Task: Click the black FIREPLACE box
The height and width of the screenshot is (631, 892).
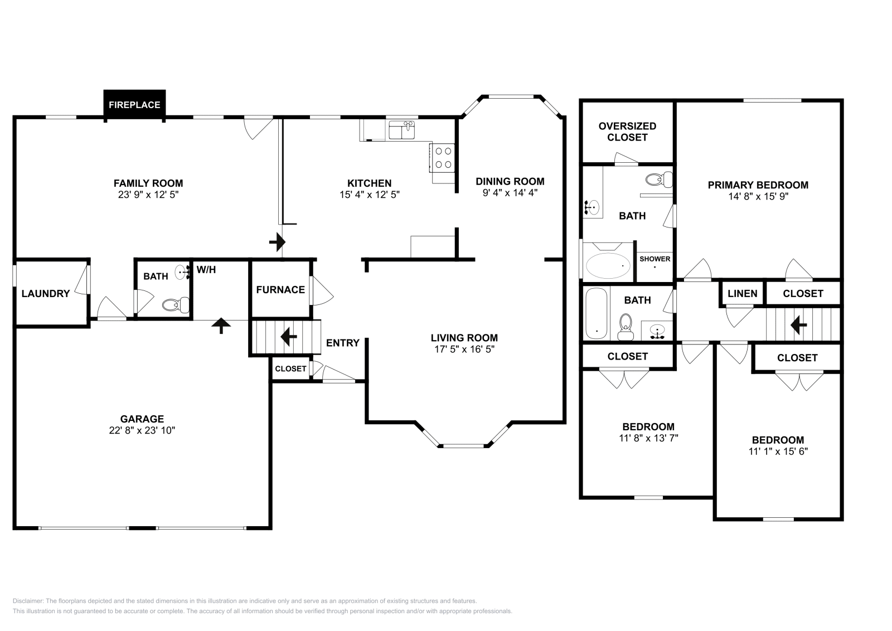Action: (134, 105)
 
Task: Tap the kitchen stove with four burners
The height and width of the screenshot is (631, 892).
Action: (442, 157)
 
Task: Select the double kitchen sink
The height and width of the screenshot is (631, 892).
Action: (402, 131)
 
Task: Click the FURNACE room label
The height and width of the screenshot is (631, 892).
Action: (280, 289)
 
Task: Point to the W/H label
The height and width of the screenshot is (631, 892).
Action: (206, 270)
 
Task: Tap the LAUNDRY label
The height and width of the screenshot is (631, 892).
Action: (46, 293)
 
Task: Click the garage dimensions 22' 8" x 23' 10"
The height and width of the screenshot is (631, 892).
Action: (142, 430)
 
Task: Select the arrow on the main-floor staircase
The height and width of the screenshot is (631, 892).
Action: (288, 336)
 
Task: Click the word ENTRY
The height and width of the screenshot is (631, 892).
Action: (342, 343)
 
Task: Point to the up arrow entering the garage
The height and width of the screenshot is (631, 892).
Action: (221, 325)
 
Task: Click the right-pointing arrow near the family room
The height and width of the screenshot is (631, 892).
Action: (277, 242)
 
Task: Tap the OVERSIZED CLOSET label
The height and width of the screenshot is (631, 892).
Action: (627, 132)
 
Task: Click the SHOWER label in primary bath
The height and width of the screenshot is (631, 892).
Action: (655, 259)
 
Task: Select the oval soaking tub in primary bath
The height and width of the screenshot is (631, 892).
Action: (608, 266)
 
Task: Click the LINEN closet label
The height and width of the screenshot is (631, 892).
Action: (743, 293)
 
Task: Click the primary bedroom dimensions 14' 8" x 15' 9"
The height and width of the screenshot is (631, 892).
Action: (758, 196)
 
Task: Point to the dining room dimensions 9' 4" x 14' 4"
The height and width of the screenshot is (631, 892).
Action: (510, 193)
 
